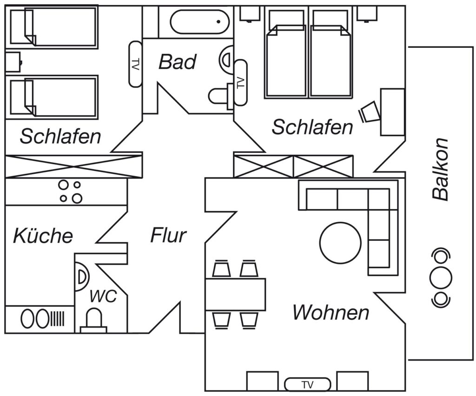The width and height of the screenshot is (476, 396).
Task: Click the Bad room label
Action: point(178,62)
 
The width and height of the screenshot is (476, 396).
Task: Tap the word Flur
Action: point(168,235)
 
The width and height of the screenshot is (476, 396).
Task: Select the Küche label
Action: point(43,236)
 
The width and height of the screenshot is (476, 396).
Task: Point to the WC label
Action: point(103,296)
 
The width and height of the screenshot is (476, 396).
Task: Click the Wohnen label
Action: point(331,312)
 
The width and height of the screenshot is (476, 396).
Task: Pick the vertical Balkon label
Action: point(440,169)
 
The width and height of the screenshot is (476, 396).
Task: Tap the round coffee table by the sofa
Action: point(340,243)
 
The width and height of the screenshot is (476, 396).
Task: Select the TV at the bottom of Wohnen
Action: point(307,384)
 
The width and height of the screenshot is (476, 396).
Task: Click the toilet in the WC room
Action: point(93,322)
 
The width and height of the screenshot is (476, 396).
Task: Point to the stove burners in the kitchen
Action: point(70,191)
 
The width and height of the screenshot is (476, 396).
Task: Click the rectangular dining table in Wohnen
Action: point(236,294)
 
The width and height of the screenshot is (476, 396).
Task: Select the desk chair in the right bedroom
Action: point(370,112)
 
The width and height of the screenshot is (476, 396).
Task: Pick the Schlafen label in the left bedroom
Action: point(60,137)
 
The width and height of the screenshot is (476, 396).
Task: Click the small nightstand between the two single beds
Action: point(13,62)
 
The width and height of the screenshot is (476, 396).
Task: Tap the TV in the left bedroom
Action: point(136,64)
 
